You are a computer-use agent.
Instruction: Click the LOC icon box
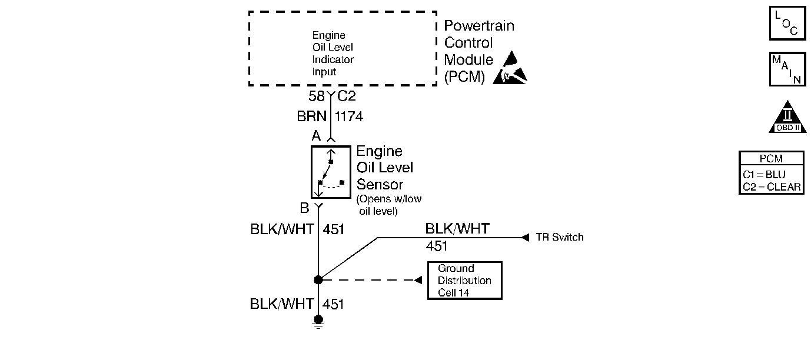click(787, 23)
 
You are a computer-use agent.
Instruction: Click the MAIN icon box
click(787, 69)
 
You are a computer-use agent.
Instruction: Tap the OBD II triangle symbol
click(787, 118)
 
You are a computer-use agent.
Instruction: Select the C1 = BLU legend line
click(764, 175)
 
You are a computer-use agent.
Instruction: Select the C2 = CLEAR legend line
click(772, 187)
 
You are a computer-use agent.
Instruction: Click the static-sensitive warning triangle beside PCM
click(510, 68)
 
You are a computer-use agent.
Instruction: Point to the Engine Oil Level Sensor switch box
click(331, 172)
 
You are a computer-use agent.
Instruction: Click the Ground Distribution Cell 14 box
click(465, 281)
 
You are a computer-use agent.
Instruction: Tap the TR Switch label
click(560, 237)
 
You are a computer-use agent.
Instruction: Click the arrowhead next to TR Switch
click(526, 238)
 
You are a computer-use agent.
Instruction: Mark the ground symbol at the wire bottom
click(318, 322)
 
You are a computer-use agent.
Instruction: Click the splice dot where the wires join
click(318, 279)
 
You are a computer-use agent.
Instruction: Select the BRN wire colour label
click(311, 116)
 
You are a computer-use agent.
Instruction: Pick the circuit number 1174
click(348, 116)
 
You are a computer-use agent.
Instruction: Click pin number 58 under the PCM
click(317, 96)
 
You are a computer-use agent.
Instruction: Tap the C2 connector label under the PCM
click(347, 96)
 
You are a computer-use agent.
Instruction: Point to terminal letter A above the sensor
click(316, 136)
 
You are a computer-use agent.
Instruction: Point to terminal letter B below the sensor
click(304, 208)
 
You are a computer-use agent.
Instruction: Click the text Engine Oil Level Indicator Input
click(333, 54)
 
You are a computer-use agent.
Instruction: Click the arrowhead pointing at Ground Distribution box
click(418, 280)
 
